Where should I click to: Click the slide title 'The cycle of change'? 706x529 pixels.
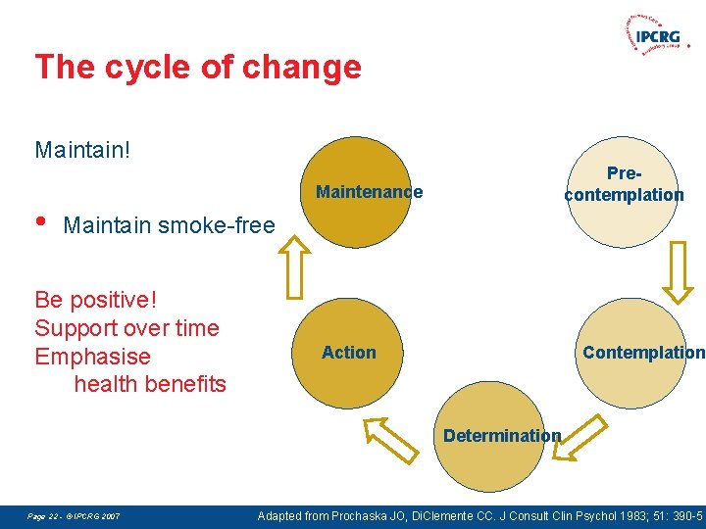click(197, 68)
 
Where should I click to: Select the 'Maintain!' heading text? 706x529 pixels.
click(82, 150)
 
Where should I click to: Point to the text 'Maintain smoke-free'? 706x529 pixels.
click(169, 225)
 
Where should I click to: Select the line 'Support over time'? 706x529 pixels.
click(126, 327)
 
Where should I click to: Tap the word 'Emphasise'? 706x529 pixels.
click(92, 357)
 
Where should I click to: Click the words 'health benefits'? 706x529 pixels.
click(150, 384)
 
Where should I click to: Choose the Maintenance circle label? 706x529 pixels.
click(369, 192)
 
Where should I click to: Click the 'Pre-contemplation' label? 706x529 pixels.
click(624, 184)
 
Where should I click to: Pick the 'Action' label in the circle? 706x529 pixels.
click(348, 353)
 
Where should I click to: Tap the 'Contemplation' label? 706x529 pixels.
click(643, 353)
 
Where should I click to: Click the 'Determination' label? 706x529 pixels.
click(502, 435)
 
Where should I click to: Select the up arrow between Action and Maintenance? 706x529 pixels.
click(292, 268)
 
